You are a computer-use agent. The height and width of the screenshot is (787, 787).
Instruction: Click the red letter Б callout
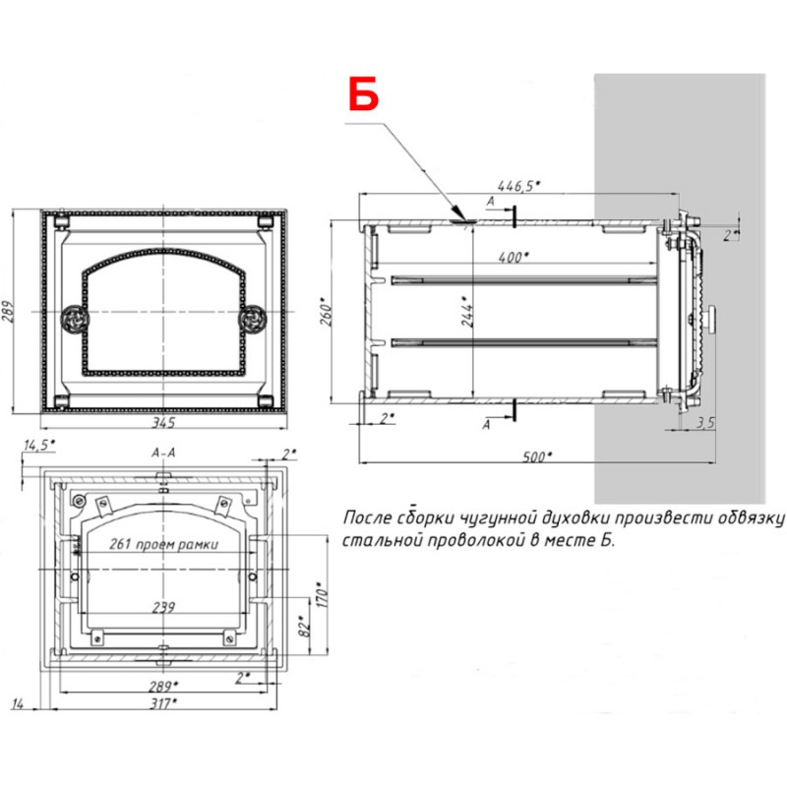coord(363,93)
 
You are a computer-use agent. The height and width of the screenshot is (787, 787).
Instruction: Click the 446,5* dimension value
coord(519,186)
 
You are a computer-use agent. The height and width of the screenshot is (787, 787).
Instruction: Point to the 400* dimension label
coord(514,258)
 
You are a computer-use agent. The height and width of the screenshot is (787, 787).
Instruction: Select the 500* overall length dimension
coord(537,456)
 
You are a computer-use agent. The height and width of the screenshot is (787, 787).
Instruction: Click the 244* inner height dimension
coord(467,311)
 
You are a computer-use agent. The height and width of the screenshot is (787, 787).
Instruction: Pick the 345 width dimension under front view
coord(163,423)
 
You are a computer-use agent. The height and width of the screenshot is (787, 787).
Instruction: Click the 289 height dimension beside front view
coord(8,312)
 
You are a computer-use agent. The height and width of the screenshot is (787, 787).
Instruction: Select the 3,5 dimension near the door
coord(704,423)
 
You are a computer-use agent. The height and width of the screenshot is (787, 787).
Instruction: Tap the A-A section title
coord(163,453)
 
